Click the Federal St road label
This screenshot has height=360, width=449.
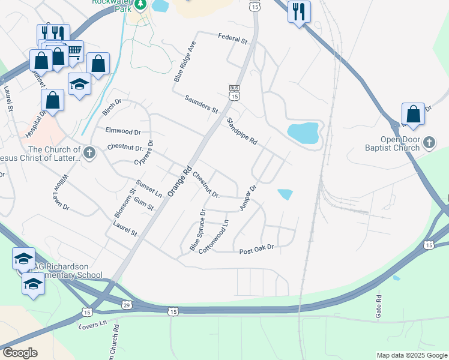[x=233, y=39]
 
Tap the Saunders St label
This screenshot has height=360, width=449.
[x=201, y=104]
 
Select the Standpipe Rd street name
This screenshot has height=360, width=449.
[x=242, y=131]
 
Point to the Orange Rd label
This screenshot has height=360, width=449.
[x=179, y=181]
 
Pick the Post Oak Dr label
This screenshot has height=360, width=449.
[x=256, y=248]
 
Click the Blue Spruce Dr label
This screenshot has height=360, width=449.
[x=198, y=230]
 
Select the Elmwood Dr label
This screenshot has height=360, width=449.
[x=122, y=131]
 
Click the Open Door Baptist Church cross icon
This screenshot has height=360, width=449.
[x=429, y=143]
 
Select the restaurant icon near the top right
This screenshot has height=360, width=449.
[x=298, y=11]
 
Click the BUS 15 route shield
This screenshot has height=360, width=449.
[x=234, y=93]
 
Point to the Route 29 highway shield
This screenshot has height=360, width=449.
[x=125, y=306]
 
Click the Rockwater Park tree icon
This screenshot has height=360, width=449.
[x=140, y=5]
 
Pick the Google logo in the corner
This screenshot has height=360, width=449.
[x=19, y=353]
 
